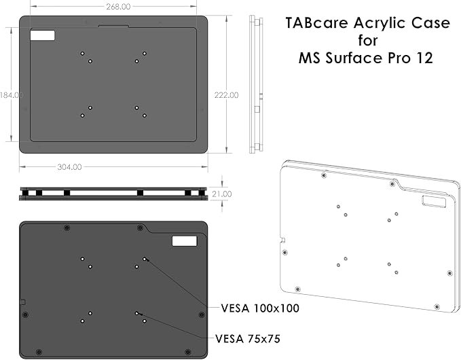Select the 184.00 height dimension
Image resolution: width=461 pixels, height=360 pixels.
click(12, 94)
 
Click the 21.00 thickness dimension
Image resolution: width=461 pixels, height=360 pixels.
click(222, 194)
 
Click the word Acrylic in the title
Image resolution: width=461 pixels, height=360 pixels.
click(381, 22)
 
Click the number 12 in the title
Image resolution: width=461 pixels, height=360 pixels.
click(424, 58)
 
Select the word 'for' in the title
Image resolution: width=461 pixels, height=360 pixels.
click(367, 40)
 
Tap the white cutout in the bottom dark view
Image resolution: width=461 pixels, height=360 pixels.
click(183, 241)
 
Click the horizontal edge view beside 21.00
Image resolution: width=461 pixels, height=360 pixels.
click(113, 194)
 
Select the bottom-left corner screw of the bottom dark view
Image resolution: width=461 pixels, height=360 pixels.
click(38, 351)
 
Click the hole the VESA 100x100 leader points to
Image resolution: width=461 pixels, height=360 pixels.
click(145, 258)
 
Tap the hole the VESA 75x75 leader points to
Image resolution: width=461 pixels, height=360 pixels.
click(137, 313)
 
